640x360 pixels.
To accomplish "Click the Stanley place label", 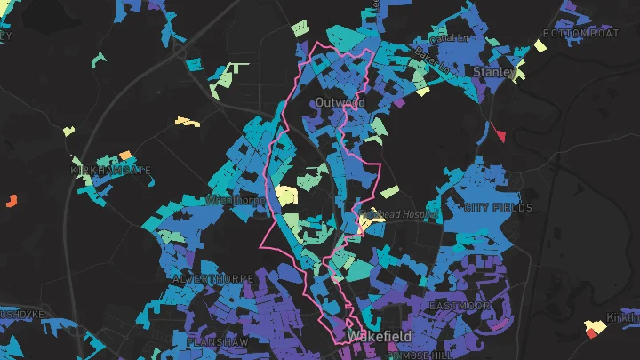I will (494, 70).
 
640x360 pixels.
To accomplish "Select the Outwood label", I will (340, 103).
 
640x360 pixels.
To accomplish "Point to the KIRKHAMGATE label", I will (110, 169).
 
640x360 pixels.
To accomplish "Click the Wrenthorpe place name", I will (236, 200).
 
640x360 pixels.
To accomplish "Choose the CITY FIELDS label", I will (498, 208).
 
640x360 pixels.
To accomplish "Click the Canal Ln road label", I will (449, 39).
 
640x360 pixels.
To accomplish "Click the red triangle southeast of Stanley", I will (500, 135).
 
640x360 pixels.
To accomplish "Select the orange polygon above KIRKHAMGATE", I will (125, 155).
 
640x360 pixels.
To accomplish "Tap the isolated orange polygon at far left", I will (12, 200).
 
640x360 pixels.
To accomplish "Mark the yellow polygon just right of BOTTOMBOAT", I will (540, 45).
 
